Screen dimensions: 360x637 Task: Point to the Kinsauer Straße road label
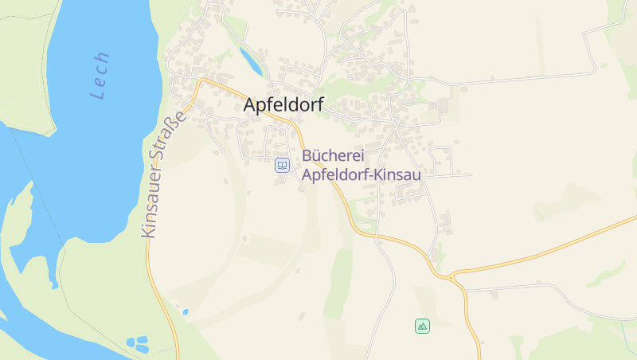click(162, 174)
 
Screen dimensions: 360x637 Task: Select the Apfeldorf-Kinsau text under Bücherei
click(361, 172)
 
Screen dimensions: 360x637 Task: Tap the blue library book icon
click(282, 165)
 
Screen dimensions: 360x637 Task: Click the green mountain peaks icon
click(422, 325)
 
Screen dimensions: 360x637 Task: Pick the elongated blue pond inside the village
click(249, 58)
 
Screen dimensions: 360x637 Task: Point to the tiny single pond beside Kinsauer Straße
click(185, 311)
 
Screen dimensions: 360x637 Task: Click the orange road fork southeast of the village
click(451, 276)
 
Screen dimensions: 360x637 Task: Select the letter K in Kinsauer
click(147, 231)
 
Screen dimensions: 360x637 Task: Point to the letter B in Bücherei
click(307, 155)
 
